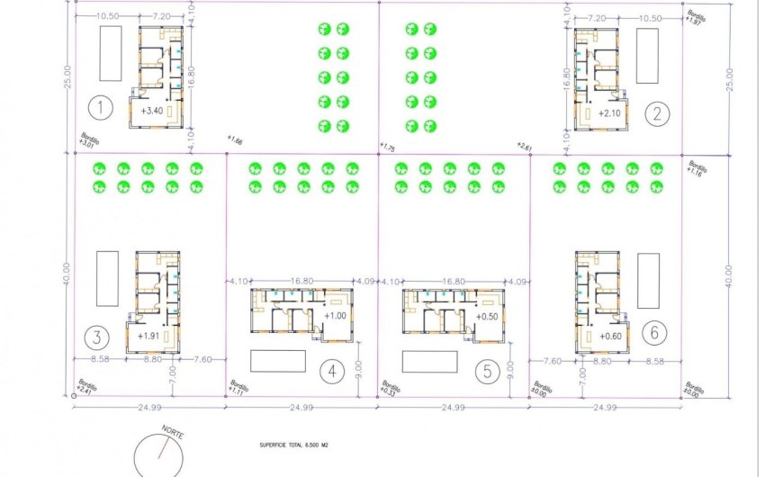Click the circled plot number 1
[102, 109]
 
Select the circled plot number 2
[658, 112]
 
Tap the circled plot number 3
[96, 337]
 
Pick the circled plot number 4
[332, 370]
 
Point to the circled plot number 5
[486, 370]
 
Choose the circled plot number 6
[654, 332]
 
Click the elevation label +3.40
[152, 112]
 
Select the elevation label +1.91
[149, 336]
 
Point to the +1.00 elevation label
[334, 316]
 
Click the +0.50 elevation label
[489, 316]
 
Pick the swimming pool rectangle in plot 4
[277, 360]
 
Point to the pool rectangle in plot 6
[648, 280]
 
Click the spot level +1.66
[236, 140]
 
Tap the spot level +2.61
[525, 145]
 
